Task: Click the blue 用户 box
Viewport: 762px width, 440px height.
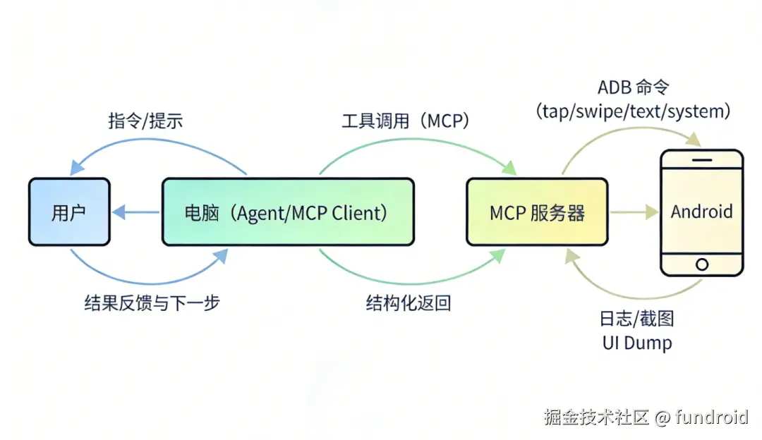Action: pyautogui.click(x=69, y=212)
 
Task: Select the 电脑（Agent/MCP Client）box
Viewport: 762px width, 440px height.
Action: pyautogui.click(x=288, y=212)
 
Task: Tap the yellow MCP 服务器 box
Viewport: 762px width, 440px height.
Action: pyautogui.click(x=537, y=212)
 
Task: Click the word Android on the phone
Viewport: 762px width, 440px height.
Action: pyautogui.click(x=701, y=212)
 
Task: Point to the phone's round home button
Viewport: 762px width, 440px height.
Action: pyautogui.click(x=701, y=264)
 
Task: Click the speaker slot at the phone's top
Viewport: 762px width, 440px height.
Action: pyautogui.click(x=701, y=159)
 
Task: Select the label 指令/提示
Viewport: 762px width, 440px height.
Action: pyautogui.click(x=145, y=121)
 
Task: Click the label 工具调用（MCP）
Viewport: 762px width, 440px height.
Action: pyautogui.click(x=406, y=121)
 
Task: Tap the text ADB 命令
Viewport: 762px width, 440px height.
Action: pyautogui.click(x=633, y=87)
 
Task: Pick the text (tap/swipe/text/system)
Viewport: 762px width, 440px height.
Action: pyautogui.click(x=633, y=111)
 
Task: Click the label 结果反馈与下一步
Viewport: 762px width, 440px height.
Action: pyautogui.click(x=152, y=303)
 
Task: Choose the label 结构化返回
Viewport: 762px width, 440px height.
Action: pyautogui.click(x=408, y=303)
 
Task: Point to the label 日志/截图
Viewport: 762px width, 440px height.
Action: pyautogui.click(x=636, y=319)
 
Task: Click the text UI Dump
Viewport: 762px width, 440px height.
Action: pyautogui.click(x=636, y=343)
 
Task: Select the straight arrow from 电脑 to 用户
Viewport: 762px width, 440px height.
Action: pyautogui.click(x=135, y=212)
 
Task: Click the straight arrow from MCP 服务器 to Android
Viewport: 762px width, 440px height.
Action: pyautogui.click(x=634, y=212)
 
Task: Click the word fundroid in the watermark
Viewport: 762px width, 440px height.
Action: pyautogui.click(x=711, y=417)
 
